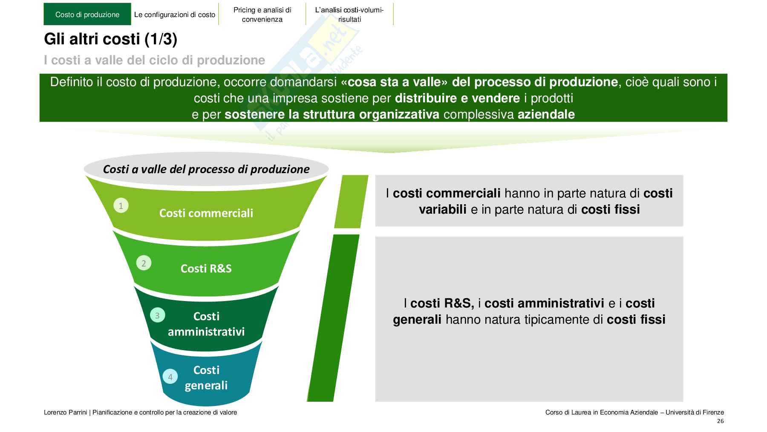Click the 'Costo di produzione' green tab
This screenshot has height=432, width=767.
[87, 14]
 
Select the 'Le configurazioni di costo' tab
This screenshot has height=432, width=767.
[175, 14]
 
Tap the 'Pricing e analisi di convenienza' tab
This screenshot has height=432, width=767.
[262, 14]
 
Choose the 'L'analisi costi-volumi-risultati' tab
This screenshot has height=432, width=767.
[349, 14]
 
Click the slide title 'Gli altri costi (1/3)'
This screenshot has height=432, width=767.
[110, 39]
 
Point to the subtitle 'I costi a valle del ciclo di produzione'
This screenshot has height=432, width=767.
[154, 60]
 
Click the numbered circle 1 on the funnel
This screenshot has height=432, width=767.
[121, 206]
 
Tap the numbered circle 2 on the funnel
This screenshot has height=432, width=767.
[144, 263]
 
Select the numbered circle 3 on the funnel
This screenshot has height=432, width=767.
[157, 316]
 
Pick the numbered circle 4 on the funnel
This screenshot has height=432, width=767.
[170, 377]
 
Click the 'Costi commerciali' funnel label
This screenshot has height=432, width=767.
[206, 213]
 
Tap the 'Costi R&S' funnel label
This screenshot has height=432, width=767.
[206, 268]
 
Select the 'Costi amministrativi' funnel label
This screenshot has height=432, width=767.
[206, 324]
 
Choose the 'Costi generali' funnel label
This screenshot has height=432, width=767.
[206, 377]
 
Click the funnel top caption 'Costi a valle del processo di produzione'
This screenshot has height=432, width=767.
[206, 169]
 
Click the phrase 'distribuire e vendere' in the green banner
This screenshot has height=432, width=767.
[457, 98]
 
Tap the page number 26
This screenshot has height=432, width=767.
[720, 421]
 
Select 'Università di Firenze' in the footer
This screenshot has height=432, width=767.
[695, 412]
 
